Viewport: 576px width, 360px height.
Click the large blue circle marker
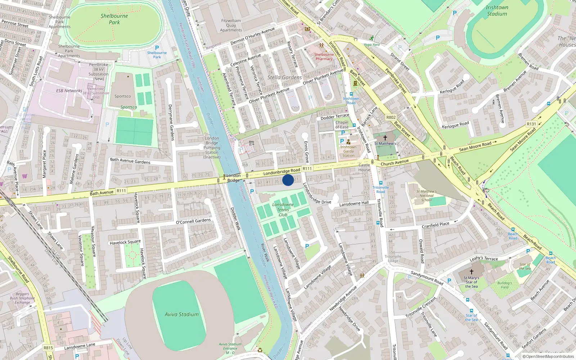pyautogui.click(x=288, y=180)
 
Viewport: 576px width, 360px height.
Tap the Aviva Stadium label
pyautogui.click(x=181, y=314)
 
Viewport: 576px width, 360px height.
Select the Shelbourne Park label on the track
pyautogui.click(x=114, y=19)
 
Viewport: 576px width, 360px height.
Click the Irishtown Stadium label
pyautogui.click(x=497, y=10)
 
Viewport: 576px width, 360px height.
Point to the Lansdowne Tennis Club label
pyautogui.click(x=283, y=210)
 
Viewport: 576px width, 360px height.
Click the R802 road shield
pyautogui.click(x=391, y=117)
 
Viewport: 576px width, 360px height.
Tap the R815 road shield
pyautogui.click(x=48, y=348)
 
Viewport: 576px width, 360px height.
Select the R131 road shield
pyautogui.click(x=531, y=124)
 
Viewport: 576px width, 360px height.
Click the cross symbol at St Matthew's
pyautogui.click(x=385, y=138)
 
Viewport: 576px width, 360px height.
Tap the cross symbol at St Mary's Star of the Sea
pyautogui.click(x=471, y=272)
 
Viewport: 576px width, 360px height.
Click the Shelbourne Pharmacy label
pyautogui.click(x=324, y=57)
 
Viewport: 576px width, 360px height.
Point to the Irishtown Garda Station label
pyautogui.click(x=348, y=151)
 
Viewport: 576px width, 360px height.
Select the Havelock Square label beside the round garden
pyautogui.click(x=125, y=242)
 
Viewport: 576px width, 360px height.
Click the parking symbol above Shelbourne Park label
pyautogui.click(x=157, y=48)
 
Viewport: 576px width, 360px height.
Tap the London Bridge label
pyautogui.click(x=234, y=178)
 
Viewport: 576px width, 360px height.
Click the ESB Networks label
pyautogui.click(x=69, y=91)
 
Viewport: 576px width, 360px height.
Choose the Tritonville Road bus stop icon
pyautogui.click(x=381, y=183)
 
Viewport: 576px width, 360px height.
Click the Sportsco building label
pyautogui.click(x=123, y=96)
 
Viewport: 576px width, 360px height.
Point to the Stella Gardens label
pyautogui.click(x=284, y=77)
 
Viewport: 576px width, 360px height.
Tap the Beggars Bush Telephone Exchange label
pyautogui.click(x=22, y=298)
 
